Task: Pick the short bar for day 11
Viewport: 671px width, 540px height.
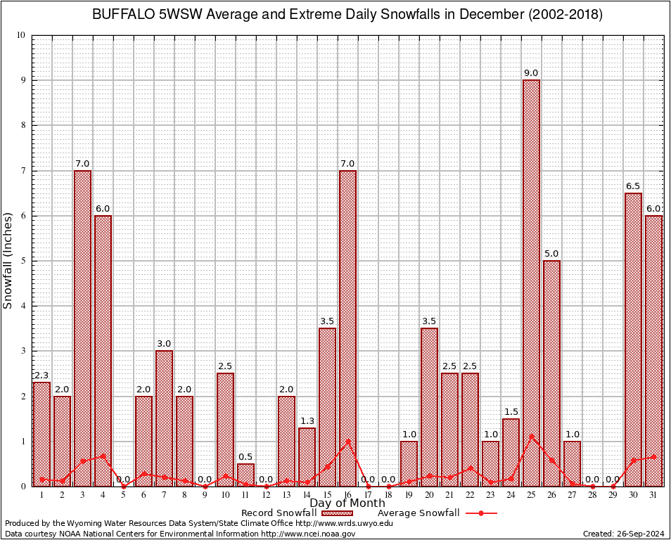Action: tap(245, 475)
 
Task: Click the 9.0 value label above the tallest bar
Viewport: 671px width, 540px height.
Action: tap(531, 73)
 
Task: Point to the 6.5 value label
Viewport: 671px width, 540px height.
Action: tap(633, 186)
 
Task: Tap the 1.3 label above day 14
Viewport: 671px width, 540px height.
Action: tap(307, 421)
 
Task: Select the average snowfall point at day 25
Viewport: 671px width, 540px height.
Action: tap(531, 437)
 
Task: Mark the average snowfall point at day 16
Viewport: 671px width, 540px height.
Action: tap(347, 442)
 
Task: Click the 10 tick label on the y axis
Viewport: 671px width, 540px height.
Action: tap(20, 35)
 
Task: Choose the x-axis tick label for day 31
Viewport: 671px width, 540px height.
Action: tap(653, 494)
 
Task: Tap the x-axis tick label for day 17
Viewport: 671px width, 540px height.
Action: tap(368, 494)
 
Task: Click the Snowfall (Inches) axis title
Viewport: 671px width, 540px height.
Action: tap(8, 260)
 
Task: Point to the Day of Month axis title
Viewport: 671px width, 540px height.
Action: tap(347, 503)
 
